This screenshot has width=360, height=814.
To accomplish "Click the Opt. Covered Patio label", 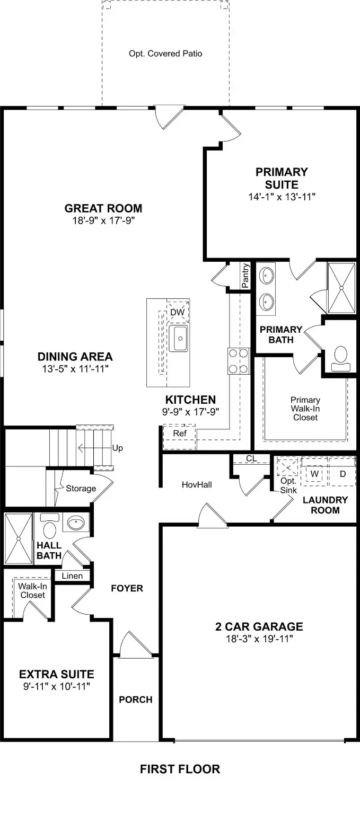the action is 165,54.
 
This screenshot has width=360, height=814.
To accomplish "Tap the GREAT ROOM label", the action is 103,208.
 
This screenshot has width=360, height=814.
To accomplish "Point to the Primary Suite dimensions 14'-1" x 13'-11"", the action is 282,197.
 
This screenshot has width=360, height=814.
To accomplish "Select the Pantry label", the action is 246,276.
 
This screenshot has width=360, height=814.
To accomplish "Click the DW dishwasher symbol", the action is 178,312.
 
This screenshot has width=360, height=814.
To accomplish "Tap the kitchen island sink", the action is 179,338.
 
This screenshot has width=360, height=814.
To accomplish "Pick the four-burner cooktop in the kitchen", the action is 239,361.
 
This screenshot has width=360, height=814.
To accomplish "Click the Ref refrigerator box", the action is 179,437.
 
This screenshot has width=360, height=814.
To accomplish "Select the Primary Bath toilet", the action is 341,359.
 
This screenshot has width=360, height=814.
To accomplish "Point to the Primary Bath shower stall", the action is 341,288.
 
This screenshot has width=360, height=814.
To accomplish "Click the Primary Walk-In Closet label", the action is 305,409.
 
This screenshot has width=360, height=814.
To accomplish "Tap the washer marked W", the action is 314,473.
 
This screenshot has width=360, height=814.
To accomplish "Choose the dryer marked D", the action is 343,473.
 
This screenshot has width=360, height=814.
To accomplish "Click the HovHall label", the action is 197,484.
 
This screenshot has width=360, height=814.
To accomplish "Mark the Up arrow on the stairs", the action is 95,448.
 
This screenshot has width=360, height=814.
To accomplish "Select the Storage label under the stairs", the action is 81,489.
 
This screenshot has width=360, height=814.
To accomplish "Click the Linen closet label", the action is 72,576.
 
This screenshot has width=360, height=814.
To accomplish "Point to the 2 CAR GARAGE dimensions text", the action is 259,639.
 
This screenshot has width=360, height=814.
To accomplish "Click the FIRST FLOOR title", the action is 180,769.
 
